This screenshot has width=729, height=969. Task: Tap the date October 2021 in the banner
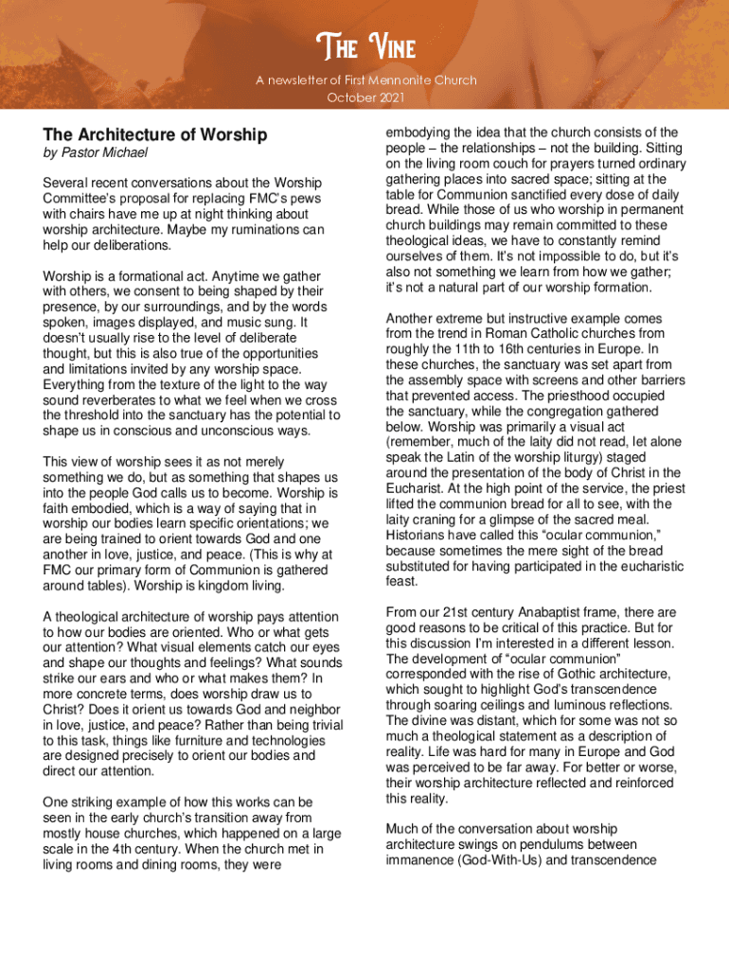(x=364, y=97)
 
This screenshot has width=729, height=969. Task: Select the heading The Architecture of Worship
(x=155, y=135)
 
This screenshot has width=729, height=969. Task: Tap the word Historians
(x=418, y=535)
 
